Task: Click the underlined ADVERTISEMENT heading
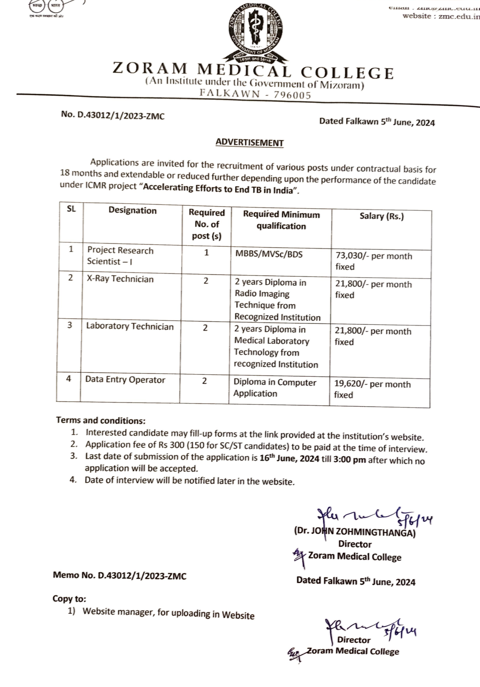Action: (x=249, y=142)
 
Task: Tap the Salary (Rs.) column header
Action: (x=381, y=216)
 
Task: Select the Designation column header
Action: (x=133, y=210)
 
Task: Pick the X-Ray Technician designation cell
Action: (x=120, y=279)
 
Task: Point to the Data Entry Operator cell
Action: (x=125, y=380)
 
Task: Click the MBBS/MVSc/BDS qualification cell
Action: (x=269, y=254)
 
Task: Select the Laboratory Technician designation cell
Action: (x=130, y=327)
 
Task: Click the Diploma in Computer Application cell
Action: (x=275, y=388)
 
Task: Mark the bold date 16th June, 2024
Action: (x=289, y=459)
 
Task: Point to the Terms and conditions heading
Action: (x=101, y=420)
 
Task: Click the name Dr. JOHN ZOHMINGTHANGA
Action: (x=354, y=532)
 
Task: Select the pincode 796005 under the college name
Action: (x=292, y=95)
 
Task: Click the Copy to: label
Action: (x=69, y=599)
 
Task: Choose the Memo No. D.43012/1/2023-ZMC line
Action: (x=119, y=576)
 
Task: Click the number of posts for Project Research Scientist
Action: (x=206, y=253)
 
